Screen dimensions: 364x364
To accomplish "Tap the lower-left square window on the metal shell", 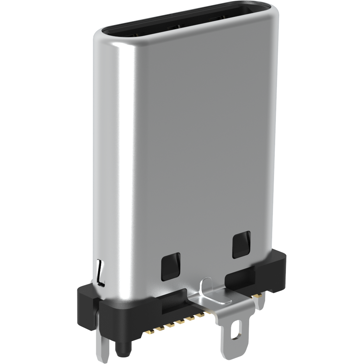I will click(x=171, y=266).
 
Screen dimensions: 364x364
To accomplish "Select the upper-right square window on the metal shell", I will click(x=241, y=245).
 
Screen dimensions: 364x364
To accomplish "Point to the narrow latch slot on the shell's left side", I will click(x=100, y=273).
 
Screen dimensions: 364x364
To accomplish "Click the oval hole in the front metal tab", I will click(x=235, y=331).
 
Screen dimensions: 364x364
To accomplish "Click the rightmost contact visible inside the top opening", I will click(x=216, y=19).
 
